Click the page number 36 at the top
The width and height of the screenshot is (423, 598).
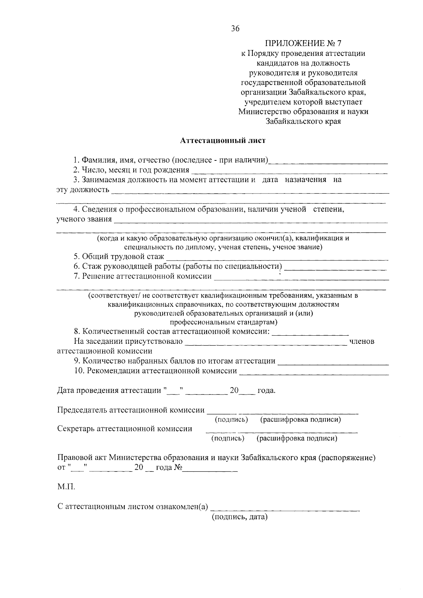pos(235,29)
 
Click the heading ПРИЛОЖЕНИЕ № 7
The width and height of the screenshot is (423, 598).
pos(303,44)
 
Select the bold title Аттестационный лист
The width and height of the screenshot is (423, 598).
pos(223,141)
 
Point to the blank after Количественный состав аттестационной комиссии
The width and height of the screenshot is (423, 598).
pos(311,332)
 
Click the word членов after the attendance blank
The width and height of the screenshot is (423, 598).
pos(361,341)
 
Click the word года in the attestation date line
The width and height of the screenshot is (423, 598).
pos(266,391)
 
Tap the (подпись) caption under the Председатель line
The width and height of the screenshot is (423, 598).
pos(231,420)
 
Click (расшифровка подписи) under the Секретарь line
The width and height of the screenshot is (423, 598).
pos(297,438)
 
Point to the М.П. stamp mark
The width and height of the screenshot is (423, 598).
pos(66,487)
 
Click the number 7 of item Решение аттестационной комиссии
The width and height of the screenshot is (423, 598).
pos(76,276)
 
